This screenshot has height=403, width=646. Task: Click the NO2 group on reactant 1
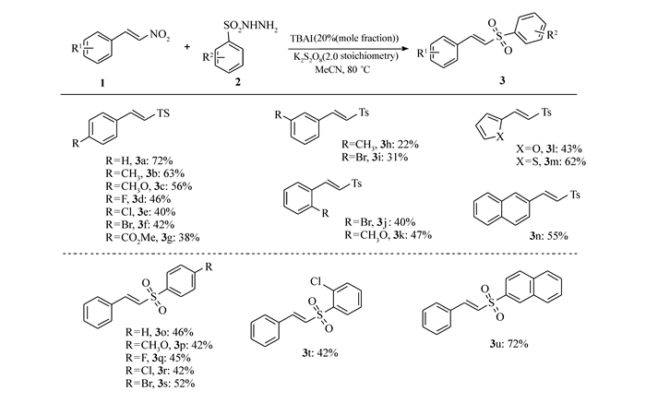pyautogui.click(x=160, y=35)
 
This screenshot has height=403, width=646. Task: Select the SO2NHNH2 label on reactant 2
pyautogui.click(x=250, y=27)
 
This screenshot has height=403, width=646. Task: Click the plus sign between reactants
pyautogui.click(x=187, y=46)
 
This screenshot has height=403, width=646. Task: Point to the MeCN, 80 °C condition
pyautogui.click(x=342, y=69)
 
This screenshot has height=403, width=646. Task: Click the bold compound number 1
pyautogui.click(x=102, y=84)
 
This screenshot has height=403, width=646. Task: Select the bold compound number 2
pyautogui.click(x=238, y=82)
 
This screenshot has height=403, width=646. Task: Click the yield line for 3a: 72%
pyautogui.click(x=138, y=161)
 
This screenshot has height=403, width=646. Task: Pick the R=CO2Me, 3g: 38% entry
pyautogui.click(x=152, y=238)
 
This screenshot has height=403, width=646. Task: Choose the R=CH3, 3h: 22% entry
pyautogui.click(x=380, y=145)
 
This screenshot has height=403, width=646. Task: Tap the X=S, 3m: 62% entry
pyautogui.click(x=551, y=161)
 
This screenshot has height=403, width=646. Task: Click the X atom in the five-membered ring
pyautogui.click(x=500, y=137)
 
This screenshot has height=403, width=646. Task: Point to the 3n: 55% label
pyautogui.click(x=549, y=236)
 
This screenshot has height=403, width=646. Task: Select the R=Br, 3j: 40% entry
pyautogui.click(x=380, y=222)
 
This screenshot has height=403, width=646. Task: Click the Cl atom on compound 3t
pyautogui.click(x=316, y=281)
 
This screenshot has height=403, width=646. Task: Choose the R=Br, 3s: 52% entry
pyautogui.click(x=160, y=384)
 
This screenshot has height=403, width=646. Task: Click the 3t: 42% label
pyautogui.click(x=319, y=353)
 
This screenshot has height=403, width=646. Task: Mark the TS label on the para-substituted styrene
pyautogui.click(x=163, y=113)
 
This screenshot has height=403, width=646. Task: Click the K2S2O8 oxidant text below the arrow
pyautogui.click(x=346, y=56)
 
